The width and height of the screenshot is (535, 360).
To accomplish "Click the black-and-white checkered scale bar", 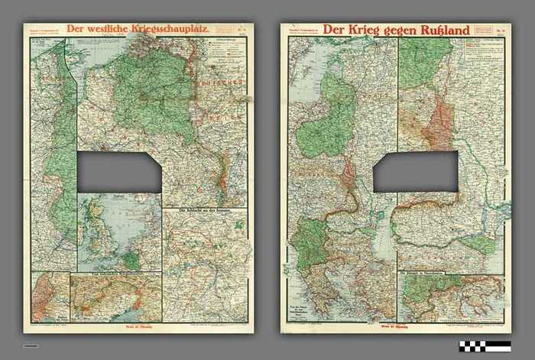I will pos(485,345).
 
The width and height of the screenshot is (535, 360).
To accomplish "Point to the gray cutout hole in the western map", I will pos(120,171).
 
